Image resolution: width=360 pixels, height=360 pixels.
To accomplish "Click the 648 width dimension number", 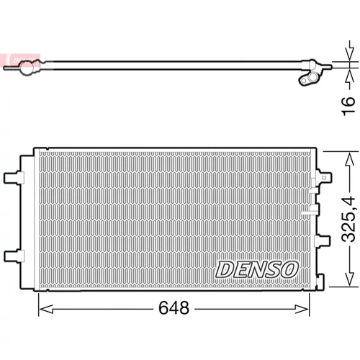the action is [174, 308].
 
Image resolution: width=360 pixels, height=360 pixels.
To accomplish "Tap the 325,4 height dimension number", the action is [348, 219].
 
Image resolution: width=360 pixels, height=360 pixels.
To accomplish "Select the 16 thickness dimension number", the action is [348, 106].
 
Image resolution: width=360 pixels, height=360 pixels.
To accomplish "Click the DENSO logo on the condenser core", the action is [257, 269].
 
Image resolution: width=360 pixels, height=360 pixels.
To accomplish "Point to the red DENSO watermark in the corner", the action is [20, 60].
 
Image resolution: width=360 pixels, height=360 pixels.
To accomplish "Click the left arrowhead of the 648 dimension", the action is [45, 309].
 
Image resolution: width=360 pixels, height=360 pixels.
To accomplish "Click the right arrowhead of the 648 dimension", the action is [302, 309].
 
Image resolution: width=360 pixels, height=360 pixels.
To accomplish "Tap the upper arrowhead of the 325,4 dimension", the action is [349, 159].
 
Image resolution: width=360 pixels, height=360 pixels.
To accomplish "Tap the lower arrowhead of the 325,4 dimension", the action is [349, 279].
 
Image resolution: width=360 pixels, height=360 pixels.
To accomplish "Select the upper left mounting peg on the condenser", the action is [14, 178].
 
